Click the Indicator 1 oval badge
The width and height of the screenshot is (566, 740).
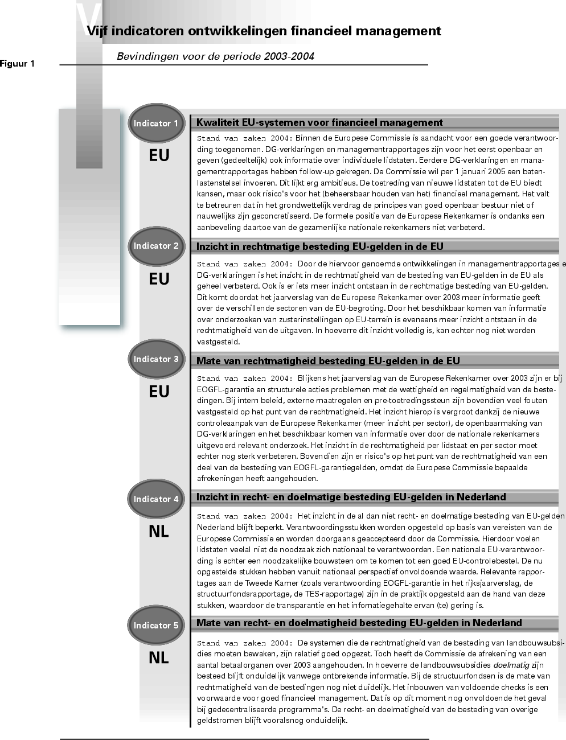(x=156, y=124)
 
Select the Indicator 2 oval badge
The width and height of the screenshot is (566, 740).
(x=156, y=246)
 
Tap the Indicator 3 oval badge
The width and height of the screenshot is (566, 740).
(x=156, y=359)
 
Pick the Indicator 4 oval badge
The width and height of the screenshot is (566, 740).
(x=156, y=499)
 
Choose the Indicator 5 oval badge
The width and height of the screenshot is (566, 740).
(x=156, y=626)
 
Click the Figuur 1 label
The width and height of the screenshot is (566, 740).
(x=17, y=64)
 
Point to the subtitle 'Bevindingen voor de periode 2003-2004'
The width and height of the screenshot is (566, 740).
(x=215, y=56)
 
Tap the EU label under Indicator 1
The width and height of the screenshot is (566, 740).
(x=159, y=155)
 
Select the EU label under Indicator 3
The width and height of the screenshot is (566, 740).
(x=159, y=392)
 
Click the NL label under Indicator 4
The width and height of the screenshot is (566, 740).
(x=158, y=532)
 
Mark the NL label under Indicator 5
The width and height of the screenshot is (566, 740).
(x=158, y=657)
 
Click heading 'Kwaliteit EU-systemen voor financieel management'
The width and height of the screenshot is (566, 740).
(x=319, y=122)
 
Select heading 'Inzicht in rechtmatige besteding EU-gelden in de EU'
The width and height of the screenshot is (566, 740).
(x=319, y=246)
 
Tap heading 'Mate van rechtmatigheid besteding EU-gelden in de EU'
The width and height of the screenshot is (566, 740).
(x=328, y=361)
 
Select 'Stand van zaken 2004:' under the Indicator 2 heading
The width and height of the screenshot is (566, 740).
(x=245, y=264)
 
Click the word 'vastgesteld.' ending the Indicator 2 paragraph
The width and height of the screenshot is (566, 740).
(x=219, y=342)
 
